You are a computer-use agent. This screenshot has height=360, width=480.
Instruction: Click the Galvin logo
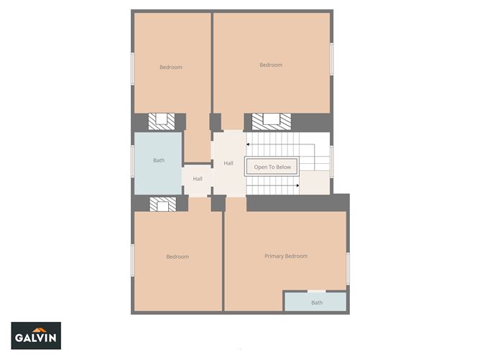tap(36, 336)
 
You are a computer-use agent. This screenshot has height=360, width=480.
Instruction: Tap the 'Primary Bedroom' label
tap(285, 257)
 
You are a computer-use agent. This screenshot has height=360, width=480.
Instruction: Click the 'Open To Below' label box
tap(272, 167)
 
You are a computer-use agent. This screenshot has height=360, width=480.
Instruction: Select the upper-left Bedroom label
tap(170, 68)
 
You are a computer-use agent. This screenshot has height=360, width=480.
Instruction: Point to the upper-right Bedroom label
tap(271, 65)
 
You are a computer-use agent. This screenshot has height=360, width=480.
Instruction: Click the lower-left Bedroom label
tap(177, 257)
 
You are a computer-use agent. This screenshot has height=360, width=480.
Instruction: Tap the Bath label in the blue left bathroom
tap(159, 160)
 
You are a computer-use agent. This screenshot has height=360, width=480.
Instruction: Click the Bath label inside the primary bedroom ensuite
tap(317, 303)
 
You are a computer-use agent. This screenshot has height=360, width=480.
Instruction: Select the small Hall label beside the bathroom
tap(198, 179)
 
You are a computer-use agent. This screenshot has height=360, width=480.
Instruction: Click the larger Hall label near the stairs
tap(229, 164)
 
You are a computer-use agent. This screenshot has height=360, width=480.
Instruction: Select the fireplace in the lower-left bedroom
tap(162, 205)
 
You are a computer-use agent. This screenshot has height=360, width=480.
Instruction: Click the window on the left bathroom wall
tap(132, 160)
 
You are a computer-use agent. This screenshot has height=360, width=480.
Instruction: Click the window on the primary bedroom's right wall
tap(348, 267)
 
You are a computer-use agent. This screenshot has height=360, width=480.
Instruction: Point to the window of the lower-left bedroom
tap(132, 259)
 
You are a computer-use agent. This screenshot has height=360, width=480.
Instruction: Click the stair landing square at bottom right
tap(314, 182)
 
